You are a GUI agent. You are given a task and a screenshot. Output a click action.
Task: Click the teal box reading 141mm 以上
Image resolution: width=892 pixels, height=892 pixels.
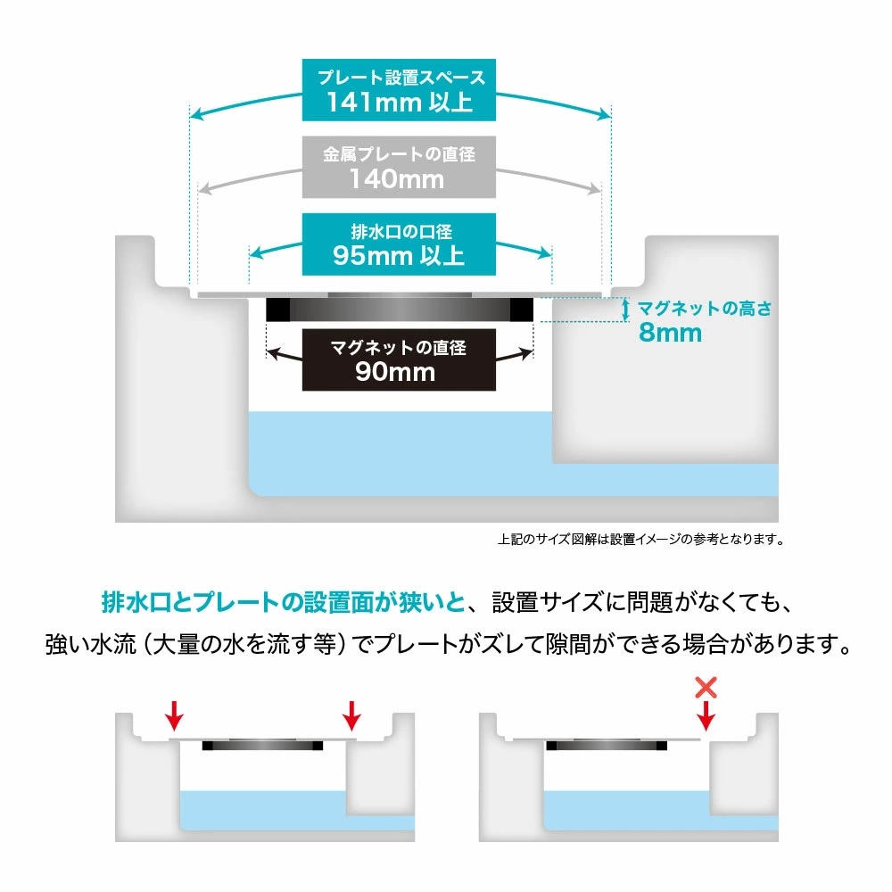pyautogui.click(x=399, y=90)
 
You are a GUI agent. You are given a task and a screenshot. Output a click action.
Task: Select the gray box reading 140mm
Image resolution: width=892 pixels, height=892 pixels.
pyautogui.click(x=399, y=168)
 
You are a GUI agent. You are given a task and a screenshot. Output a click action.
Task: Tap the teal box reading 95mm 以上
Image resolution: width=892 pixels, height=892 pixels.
pyautogui.click(x=399, y=244)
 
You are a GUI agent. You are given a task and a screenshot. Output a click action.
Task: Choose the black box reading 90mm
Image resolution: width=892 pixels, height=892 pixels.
pyautogui.click(x=399, y=360)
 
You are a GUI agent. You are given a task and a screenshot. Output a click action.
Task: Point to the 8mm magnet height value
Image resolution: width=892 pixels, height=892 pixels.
pyautogui.click(x=670, y=332)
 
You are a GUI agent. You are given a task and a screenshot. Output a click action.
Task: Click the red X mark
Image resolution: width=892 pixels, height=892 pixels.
pyautogui.click(x=706, y=687)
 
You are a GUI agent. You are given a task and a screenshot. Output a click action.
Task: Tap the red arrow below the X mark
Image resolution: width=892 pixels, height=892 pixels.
pyautogui.click(x=706, y=715)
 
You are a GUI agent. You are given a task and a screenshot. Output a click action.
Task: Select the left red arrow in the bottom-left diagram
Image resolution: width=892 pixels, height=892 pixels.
pyautogui.click(x=175, y=715)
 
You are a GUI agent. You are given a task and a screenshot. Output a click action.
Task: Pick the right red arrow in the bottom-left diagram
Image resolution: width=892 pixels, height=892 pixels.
pyautogui.click(x=352, y=715)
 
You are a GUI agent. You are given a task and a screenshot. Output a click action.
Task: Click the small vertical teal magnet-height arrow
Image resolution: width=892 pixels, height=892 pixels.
pyautogui.click(x=626, y=310)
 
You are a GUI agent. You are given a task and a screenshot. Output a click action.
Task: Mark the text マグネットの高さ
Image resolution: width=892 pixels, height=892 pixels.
pyautogui.click(x=705, y=309)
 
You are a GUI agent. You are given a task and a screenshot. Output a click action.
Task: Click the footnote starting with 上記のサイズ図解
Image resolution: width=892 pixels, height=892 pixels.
pyautogui.click(x=641, y=539)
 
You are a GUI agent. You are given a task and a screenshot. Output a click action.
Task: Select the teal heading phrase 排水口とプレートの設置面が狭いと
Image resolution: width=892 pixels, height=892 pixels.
pyautogui.click(x=284, y=602)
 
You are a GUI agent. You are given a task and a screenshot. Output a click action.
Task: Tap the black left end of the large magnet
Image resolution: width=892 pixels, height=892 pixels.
pyautogui.click(x=278, y=310)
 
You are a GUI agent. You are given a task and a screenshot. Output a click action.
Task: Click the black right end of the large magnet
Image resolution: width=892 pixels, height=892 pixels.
pyautogui.click(x=521, y=310)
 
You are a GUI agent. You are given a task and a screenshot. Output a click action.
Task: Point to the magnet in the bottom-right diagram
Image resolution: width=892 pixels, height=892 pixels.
pyautogui.click(x=607, y=745)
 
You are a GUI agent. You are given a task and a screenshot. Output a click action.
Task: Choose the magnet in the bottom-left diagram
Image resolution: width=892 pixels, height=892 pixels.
pyautogui.click(x=262, y=745)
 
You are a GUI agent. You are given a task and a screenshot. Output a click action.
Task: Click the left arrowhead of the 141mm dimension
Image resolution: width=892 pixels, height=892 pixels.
pyautogui.click(x=196, y=114)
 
